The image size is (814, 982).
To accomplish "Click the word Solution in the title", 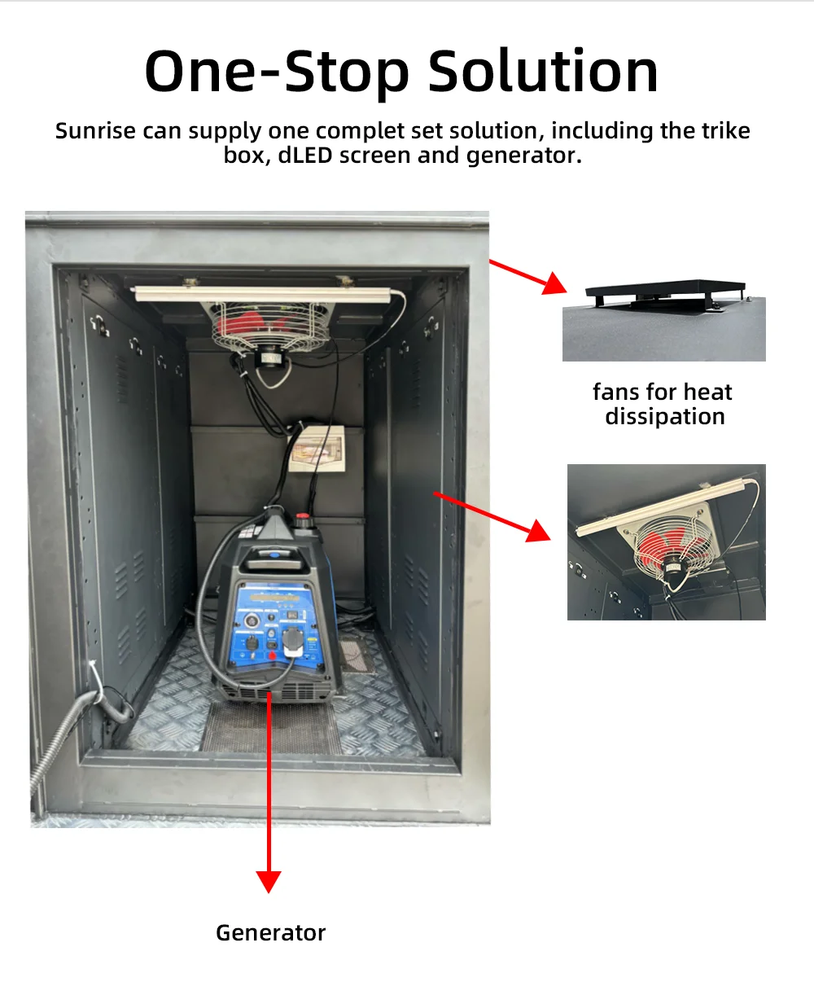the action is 543,72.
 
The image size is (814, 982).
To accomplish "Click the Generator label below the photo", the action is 270,933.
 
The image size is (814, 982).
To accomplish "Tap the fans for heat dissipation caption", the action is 663,405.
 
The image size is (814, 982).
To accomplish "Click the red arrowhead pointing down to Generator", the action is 269,880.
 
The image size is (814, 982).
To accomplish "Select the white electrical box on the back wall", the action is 313,447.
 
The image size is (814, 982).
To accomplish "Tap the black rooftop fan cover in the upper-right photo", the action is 663,295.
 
